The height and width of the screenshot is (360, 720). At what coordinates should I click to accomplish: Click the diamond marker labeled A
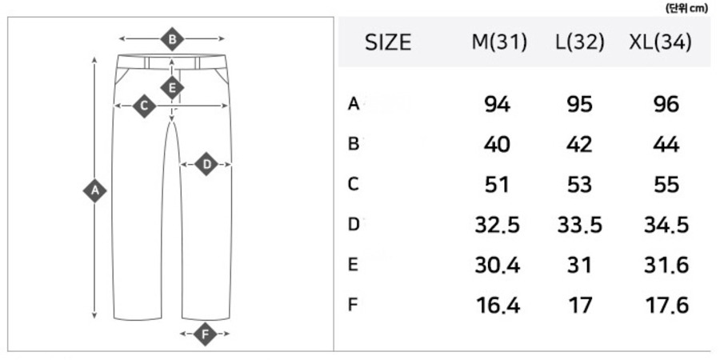pos(94,190)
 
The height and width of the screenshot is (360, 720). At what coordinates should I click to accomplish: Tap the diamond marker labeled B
pos(172,39)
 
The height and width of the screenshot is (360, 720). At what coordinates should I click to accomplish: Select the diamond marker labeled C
pos(144,106)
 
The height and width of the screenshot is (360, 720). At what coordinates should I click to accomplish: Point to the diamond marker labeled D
pos(206,164)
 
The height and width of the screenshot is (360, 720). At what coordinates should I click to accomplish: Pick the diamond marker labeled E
pos(172,87)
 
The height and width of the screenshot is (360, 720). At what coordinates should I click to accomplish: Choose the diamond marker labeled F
pos(206,334)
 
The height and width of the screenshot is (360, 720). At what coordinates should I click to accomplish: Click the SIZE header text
pos(388,42)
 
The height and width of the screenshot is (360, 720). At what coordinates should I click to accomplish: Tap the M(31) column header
pos(499,42)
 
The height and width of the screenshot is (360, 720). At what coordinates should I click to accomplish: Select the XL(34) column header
pos(660,42)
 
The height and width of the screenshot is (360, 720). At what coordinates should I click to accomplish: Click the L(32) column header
pos(580,42)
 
